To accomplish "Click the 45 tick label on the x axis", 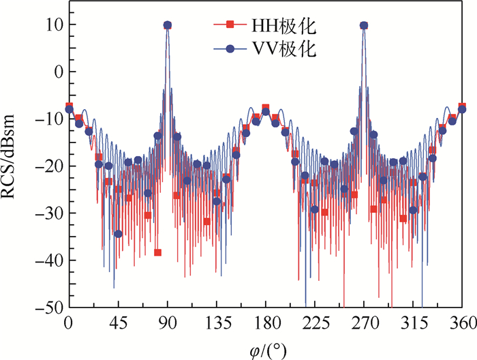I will click(x=118, y=322).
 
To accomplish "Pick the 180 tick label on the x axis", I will click(x=265, y=322).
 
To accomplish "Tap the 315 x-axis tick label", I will click(x=413, y=322).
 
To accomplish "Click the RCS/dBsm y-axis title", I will click(x=16, y=166).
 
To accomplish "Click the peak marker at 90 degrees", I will click(x=167, y=25).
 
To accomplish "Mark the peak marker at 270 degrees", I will click(x=364, y=25).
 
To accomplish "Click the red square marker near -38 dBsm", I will click(x=157, y=252).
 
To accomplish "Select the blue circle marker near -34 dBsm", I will click(x=118, y=234).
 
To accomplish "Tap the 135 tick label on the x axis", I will click(x=216, y=322).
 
